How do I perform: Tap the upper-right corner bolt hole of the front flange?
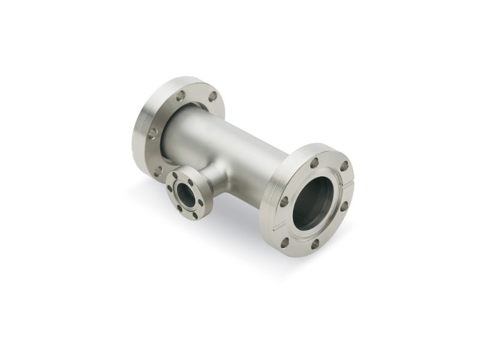click(x=344, y=166)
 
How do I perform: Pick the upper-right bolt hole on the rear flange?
click(x=213, y=96)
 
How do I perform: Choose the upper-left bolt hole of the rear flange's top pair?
click(x=180, y=95)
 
